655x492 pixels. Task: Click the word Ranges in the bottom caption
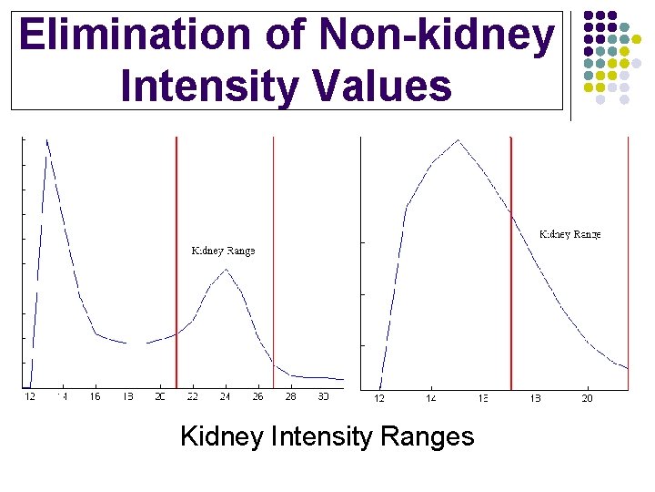pyautogui.click(x=427, y=436)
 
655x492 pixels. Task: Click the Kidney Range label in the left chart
pyautogui.click(x=223, y=251)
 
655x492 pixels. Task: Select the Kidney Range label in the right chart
pyautogui.click(x=570, y=234)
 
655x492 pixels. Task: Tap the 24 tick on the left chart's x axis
pyautogui.click(x=225, y=397)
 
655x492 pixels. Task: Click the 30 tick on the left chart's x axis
pyautogui.click(x=323, y=397)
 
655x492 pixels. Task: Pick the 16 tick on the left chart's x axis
pyautogui.click(x=95, y=397)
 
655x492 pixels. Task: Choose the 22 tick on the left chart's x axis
pyautogui.click(x=192, y=397)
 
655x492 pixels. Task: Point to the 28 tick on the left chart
pyautogui.click(x=290, y=397)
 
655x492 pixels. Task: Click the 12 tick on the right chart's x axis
pyautogui.click(x=379, y=398)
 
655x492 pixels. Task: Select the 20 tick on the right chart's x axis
pyautogui.click(x=588, y=398)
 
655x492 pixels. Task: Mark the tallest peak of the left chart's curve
pyautogui.click(x=46, y=141)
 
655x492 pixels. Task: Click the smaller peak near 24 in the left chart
pyautogui.click(x=225, y=270)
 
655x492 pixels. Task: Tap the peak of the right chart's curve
pyautogui.click(x=458, y=140)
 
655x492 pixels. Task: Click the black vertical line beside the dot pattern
pyautogui.click(x=570, y=64)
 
